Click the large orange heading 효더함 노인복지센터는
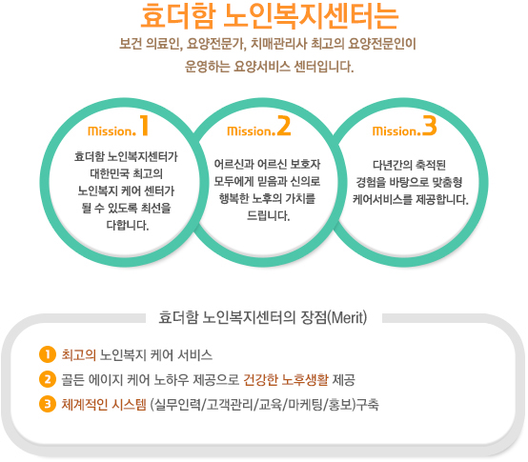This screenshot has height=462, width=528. tap(270, 16)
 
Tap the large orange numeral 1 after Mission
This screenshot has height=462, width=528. tap(144, 125)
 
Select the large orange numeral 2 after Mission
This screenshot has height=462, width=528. tap(283, 126)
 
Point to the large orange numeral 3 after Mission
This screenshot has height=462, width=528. tap(429, 126)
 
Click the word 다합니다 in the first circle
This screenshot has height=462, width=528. tap(128, 225)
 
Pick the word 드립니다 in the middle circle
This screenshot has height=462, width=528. tap(268, 215)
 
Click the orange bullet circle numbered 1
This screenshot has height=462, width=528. tap(48, 354)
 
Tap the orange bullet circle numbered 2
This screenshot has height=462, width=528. tap(48, 379)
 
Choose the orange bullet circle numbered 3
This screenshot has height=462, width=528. tap(48, 404)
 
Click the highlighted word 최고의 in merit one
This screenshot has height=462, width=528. tap(79, 355)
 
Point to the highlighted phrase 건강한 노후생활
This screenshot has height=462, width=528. tap(286, 380)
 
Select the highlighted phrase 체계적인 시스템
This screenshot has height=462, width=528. tap(104, 405)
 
